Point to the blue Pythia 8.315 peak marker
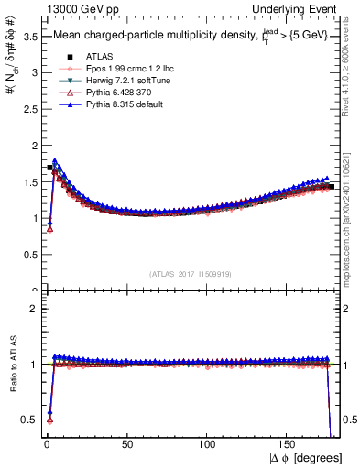pos(55,161)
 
